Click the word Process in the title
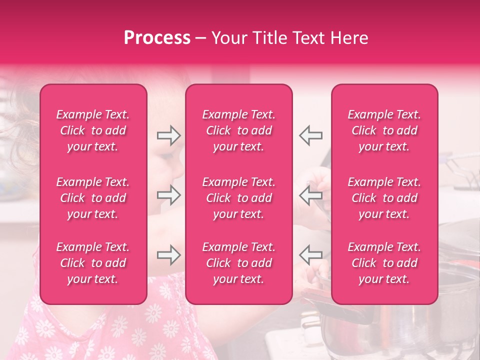(x=157, y=38)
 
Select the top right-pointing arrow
(x=169, y=135)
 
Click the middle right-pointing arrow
(x=169, y=195)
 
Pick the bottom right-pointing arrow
(x=169, y=255)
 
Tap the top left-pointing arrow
(x=310, y=135)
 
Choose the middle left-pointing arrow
(x=310, y=195)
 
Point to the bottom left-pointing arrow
(x=310, y=255)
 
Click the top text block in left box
(x=93, y=130)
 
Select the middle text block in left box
(x=93, y=198)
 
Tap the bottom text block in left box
(x=93, y=263)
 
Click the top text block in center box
(x=239, y=130)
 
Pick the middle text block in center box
(x=239, y=198)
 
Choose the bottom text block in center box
(x=239, y=263)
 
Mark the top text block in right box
(x=384, y=130)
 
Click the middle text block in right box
(x=384, y=198)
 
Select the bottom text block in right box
(x=384, y=263)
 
